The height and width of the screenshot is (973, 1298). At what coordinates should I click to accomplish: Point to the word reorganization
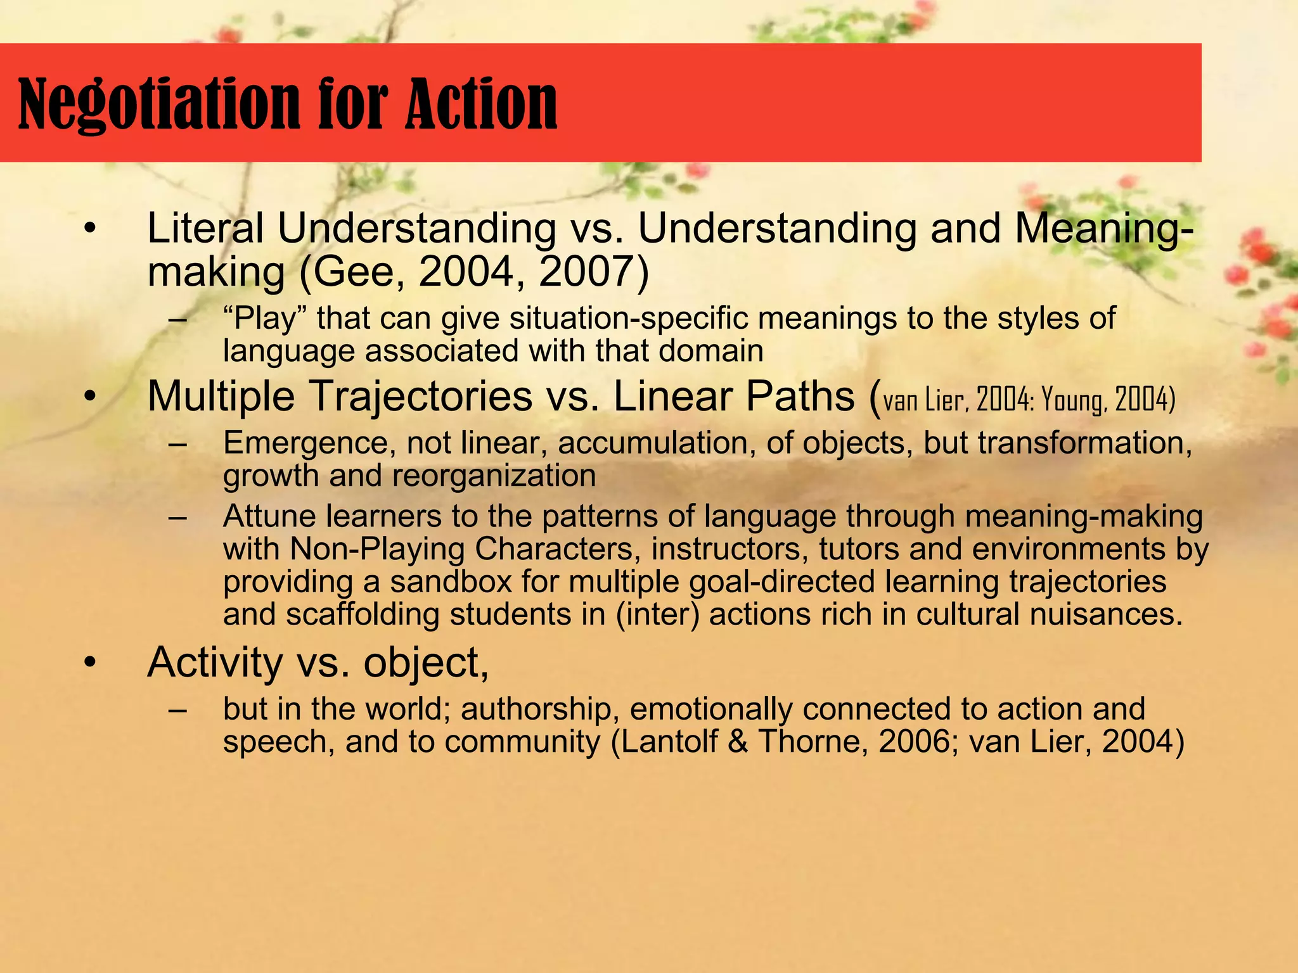pos(494,476)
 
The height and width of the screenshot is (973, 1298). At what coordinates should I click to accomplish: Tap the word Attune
pos(269,516)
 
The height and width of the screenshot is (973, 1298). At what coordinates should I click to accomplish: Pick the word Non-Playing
pos(377,549)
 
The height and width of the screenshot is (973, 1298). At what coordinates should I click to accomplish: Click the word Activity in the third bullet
pos(215,663)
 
